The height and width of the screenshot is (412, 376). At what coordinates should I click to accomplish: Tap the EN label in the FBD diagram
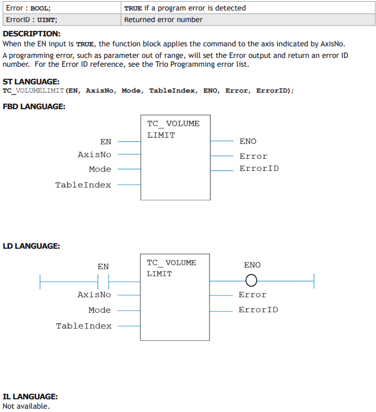106,142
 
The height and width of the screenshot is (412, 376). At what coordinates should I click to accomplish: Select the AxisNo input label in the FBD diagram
94,154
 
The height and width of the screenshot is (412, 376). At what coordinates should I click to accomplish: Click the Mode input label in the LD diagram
100,310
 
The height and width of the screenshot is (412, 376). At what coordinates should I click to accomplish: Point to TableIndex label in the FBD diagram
83,185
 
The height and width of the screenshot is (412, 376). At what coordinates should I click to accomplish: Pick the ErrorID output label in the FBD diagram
259,168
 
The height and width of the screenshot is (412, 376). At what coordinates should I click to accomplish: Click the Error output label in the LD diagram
253,295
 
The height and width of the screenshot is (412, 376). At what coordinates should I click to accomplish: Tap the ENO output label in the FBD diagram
248,141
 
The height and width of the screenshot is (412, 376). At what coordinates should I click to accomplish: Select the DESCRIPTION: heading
31,34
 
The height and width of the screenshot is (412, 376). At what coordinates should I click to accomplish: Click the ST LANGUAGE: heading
31,82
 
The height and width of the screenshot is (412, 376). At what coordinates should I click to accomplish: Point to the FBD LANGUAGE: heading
34,106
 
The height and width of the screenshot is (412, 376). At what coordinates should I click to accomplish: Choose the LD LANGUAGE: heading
31,246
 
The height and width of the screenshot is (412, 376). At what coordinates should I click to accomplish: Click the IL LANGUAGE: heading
30,397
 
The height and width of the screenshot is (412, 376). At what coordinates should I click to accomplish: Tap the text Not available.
26,406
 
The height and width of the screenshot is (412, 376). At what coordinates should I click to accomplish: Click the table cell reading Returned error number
248,20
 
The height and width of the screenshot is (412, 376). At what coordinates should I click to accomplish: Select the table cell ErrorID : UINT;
62,20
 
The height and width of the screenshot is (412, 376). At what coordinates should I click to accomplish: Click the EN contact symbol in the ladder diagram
103,282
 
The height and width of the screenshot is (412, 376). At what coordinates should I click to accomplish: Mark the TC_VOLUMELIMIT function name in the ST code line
33,91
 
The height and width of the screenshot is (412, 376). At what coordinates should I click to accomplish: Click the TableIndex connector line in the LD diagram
129,326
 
